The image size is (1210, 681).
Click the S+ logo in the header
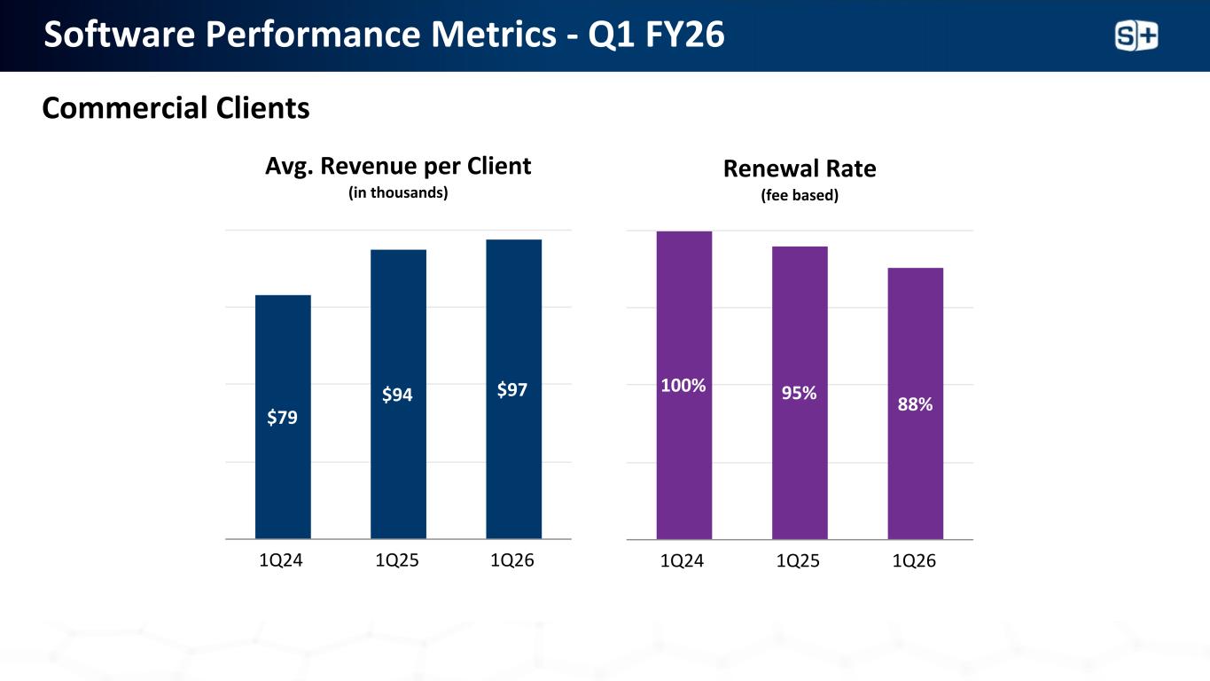[1136, 35]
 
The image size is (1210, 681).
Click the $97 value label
[514, 389]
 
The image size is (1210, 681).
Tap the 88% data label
[915, 404]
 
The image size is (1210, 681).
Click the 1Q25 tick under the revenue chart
[398, 561]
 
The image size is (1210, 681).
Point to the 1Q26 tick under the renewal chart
[915, 561]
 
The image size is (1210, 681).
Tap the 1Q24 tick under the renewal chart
[683, 561]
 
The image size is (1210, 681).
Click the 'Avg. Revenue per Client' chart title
[398, 166]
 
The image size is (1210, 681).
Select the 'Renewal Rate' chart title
[800, 168]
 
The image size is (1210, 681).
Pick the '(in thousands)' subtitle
[398, 192]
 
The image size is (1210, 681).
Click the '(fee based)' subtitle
[800, 195]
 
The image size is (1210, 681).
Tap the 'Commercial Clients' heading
[176, 108]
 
